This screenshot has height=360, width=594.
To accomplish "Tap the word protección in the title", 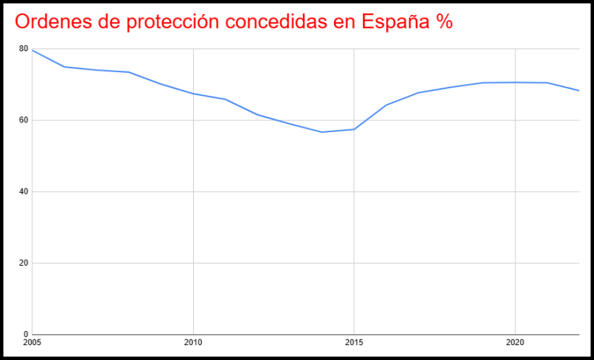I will tap(175, 22).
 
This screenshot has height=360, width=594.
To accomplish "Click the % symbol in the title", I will tap(444, 22).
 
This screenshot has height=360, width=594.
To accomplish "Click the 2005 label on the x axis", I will tap(32, 344).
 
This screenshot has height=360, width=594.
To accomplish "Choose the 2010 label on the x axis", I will tap(193, 344).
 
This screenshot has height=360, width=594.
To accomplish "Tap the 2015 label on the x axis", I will tap(354, 344).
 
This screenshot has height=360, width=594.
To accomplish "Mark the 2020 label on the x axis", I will tap(515, 344).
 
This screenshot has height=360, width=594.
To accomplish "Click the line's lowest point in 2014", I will tap(322, 132).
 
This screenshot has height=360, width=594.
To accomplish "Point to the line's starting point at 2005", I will tap(32, 50).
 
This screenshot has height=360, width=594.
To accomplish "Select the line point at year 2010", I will tap(193, 94).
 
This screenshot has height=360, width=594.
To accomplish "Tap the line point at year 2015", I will tap(354, 129).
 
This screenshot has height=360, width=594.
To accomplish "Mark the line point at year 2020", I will tap(515, 82).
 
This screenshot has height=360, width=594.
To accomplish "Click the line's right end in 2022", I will tap(578, 91).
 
